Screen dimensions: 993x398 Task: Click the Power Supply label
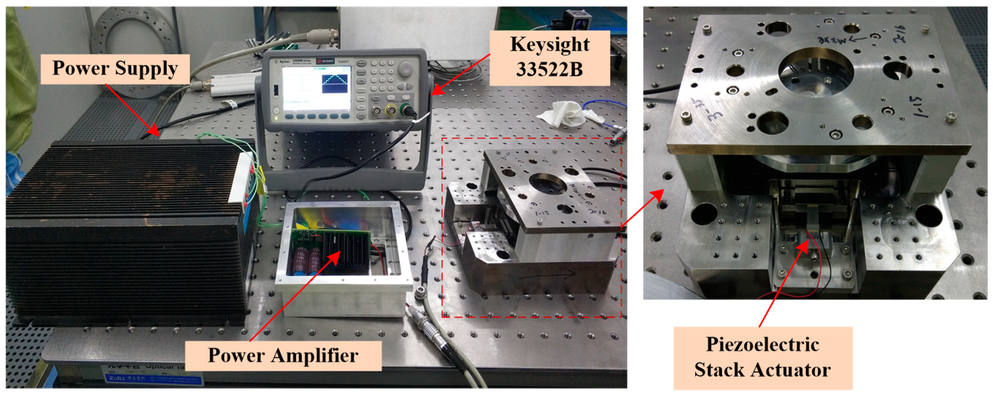[115, 69]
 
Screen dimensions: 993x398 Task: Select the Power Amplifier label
[283, 355]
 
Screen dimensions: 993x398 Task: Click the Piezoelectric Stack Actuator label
[762, 357]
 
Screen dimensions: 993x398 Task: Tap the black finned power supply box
[123, 231]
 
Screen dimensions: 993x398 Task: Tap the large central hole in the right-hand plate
[815, 73]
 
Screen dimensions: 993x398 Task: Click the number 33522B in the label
[549, 70]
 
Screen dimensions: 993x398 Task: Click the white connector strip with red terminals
[243, 177]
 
